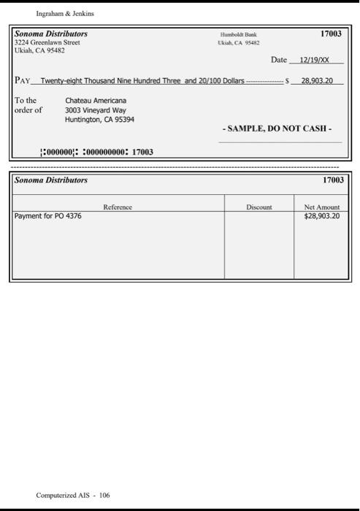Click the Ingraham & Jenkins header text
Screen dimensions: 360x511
pyautogui.click(x=65, y=13)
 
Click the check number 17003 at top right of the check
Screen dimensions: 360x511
pyautogui.click(x=331, y=34)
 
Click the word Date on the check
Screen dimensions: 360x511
pyautogui.click(x=278, y=60)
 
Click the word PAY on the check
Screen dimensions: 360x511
pyautogui.click(x=23, y=80)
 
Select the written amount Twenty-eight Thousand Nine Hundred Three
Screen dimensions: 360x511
pyautogui.click(x=110, y=80)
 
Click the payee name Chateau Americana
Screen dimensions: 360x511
pyautogui.click(x=96, y=100)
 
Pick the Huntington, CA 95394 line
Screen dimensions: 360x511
pyautogui.click(x=99, y=119)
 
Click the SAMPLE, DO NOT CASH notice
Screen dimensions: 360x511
pyautogui.click(x=280, y=128)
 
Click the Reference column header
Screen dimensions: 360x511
pyautogui.click(x=118, y=207)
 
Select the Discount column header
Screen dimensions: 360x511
pyautogui.click(x=259, y=207)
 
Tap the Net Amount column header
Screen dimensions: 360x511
pyautogui.click(x=321, y=207)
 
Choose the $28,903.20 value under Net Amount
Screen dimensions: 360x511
pyautogui.click(x=321, y=217)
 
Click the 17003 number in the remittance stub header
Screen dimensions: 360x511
pyautogui.click(x=332, y=180)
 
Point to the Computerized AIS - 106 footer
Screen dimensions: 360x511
pyautogui.click(x=73, y=495)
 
